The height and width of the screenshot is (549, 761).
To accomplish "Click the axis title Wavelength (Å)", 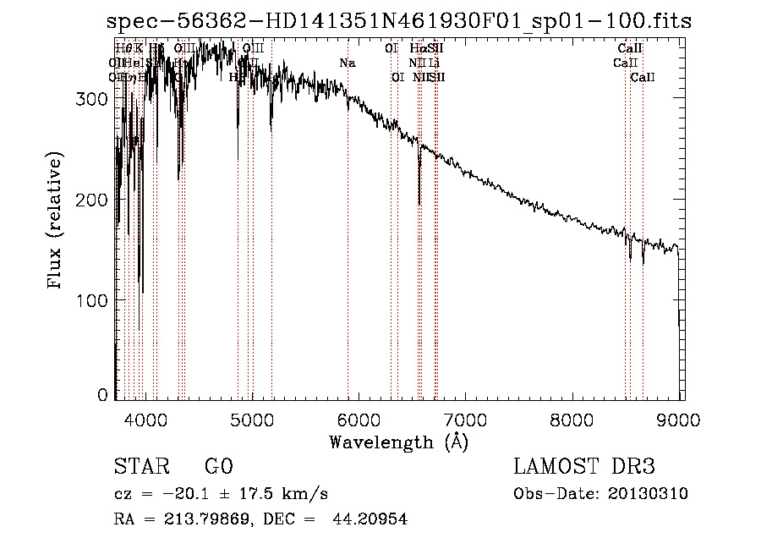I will (398, 442).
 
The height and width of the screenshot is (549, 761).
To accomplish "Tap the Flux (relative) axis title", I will (57, 222).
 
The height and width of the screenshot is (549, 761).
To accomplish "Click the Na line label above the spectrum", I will (347, 63).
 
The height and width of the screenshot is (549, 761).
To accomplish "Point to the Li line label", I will (434, 63).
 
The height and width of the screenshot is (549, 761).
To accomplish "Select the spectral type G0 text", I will (218, 467).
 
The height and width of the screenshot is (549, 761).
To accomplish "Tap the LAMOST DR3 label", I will (584, 467).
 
